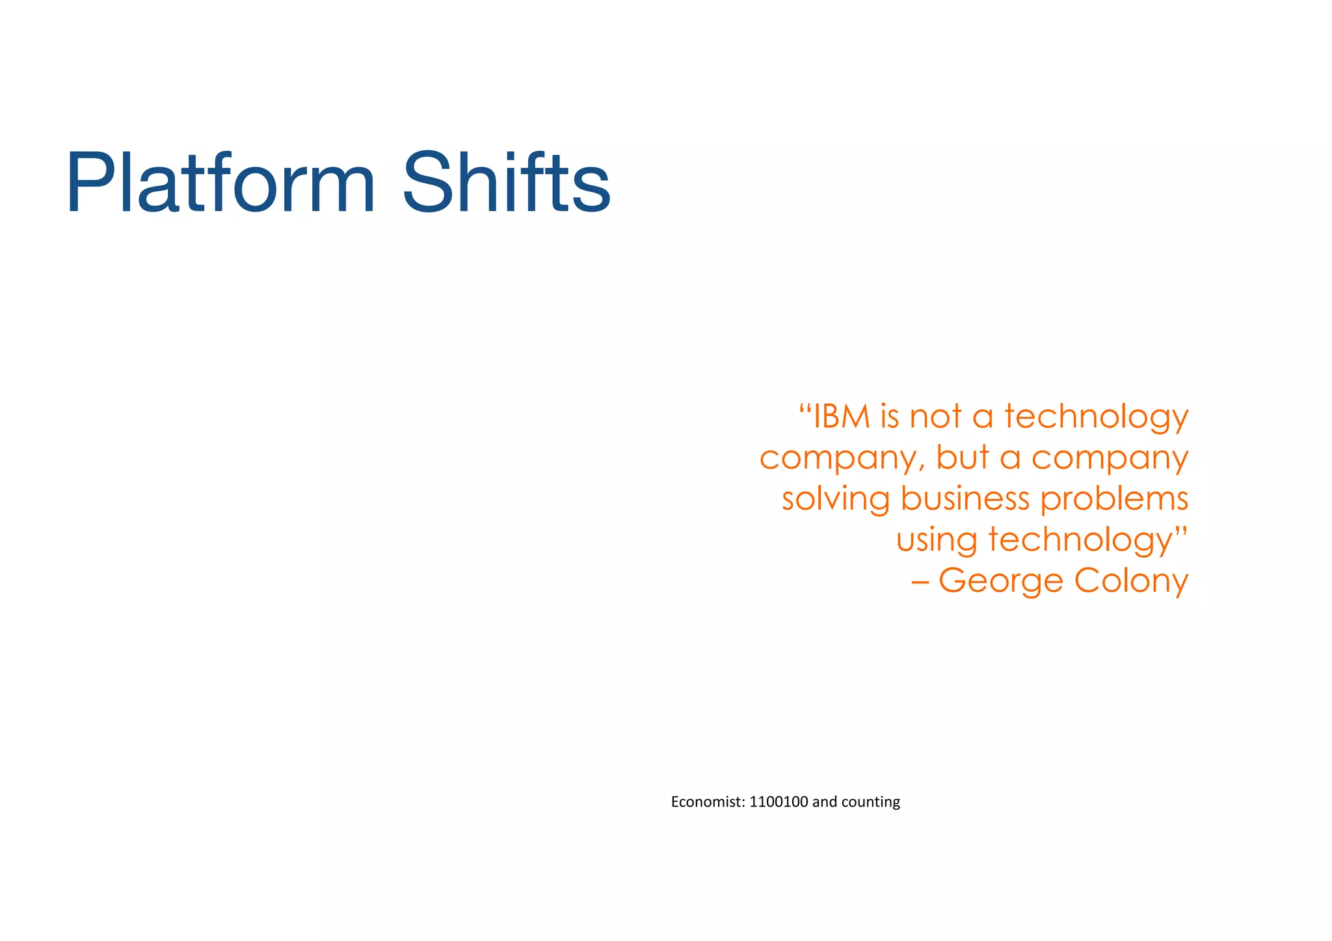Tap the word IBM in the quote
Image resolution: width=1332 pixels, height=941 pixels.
pos(842,416)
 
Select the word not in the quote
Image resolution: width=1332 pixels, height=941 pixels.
pos(935,416)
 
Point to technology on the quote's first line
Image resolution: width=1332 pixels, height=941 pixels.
pos(1096,417)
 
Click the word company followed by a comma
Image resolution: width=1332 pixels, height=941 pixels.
pos(842,458)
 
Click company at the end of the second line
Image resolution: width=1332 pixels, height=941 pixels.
pos(1110,458)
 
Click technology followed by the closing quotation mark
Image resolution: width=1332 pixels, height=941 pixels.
pos(1080,540)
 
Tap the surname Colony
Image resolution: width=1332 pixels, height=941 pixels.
pos(1131,581)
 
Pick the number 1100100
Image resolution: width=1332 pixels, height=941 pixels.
pos(779,802)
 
